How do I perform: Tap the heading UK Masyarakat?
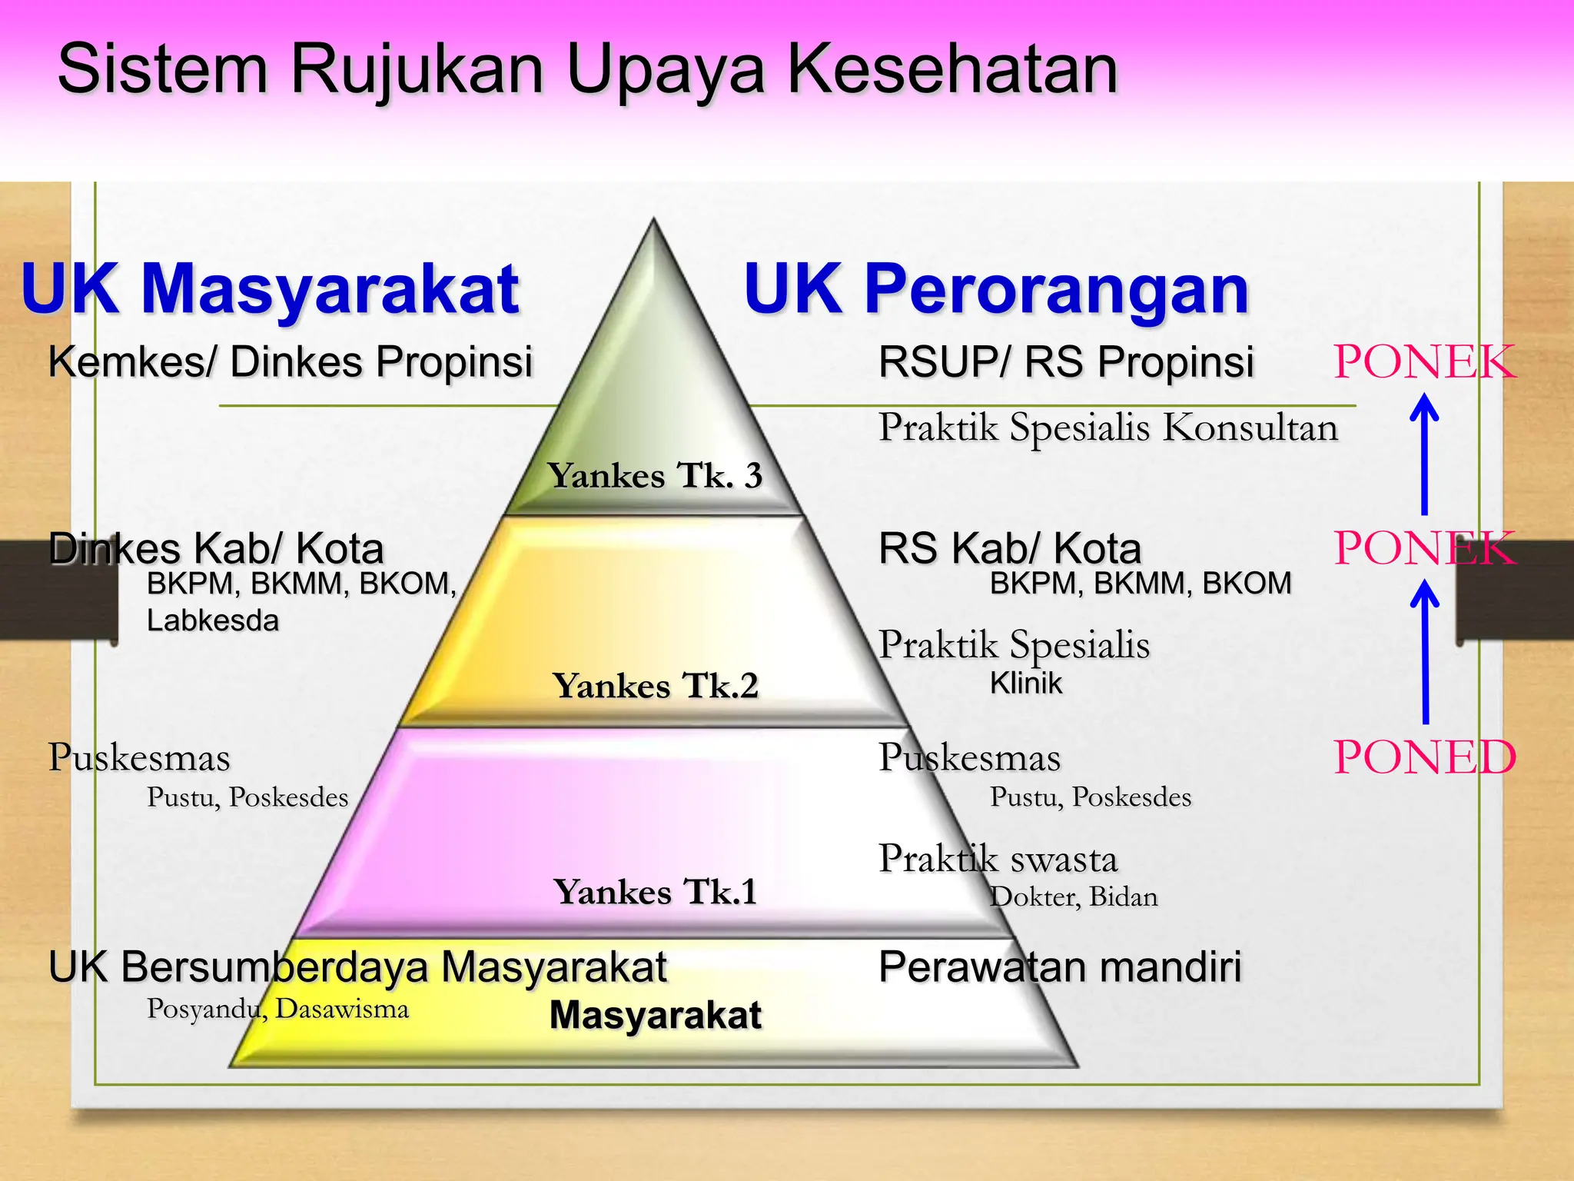click(x=271, y=289)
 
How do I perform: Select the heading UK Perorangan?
click(x=996, y=289)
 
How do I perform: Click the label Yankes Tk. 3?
click(x=655, y=475)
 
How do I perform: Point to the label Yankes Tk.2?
click(x=655, y=685)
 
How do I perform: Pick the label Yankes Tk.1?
click(x=655, y=892)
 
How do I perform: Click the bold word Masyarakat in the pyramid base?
click(x=655, y=1015)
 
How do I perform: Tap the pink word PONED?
click(x=1424, y=757)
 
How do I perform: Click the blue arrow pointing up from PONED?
click(x=1425, y=652)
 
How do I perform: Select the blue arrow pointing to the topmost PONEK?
click(x=1424, y=454)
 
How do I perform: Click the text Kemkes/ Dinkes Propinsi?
click(x=290, y=361)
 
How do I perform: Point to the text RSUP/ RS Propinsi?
click(x=1066, y=361)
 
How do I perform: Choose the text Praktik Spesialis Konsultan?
click(x=1108, y=427)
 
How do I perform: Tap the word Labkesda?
click(x=213, y=620)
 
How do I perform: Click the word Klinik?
click(x=1025, y=683)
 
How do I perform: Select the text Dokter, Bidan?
click(x=1073, y=897)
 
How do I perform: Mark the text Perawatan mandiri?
click(x=1060, y=966)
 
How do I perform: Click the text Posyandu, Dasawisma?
click(x=277, y=1008)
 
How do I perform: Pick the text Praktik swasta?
click(x=998, y=859)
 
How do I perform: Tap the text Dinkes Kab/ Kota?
click(x=216, y=549)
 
